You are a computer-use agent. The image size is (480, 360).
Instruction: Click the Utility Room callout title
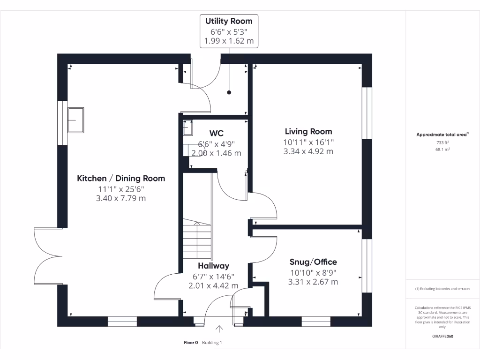click(229, 21)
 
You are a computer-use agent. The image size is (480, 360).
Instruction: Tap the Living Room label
click(308, 132)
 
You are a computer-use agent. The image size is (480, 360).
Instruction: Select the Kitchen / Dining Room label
click(121, 178)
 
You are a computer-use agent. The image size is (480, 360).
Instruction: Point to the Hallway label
click(213, 266)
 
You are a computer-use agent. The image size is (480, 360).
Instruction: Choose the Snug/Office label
click(313, 262)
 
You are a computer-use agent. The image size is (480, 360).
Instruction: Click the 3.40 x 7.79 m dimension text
click(121, 198)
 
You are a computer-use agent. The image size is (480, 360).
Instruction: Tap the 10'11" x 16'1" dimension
click(308, 142)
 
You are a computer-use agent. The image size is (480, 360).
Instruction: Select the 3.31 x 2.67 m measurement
click(313, 282)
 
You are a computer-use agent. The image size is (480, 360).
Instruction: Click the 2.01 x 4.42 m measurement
click(213, 285)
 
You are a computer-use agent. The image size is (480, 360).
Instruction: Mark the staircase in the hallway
click(197, 240)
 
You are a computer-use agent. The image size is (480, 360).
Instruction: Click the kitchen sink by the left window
click(75, 120)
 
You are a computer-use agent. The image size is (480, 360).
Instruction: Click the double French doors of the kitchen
click(48, 256)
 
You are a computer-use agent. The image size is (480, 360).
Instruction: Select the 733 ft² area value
click(442, 142)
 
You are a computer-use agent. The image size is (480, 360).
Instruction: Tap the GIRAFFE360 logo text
click(442, 336)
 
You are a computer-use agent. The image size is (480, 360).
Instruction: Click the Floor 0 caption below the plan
click(191, 343)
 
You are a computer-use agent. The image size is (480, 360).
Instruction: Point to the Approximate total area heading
click(442, 135)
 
